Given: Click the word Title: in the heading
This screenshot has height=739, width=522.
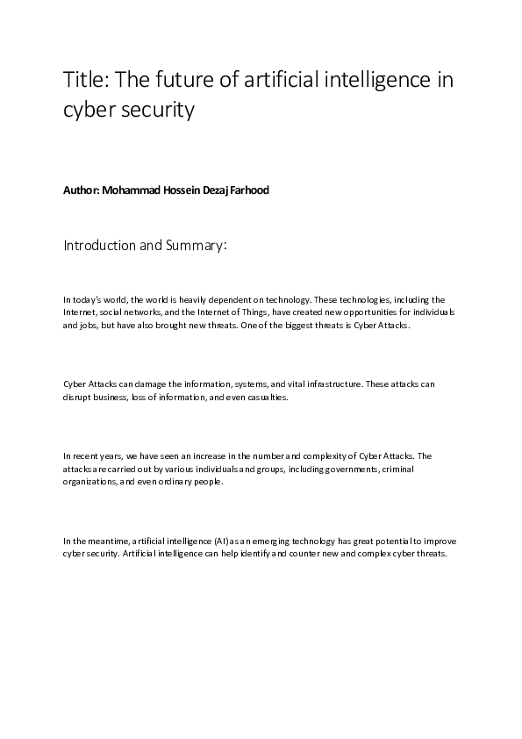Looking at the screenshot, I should click(84, 82).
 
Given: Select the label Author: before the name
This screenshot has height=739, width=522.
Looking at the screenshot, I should click(81, 190).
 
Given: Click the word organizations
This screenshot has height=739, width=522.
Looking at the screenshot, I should click(89, 482).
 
